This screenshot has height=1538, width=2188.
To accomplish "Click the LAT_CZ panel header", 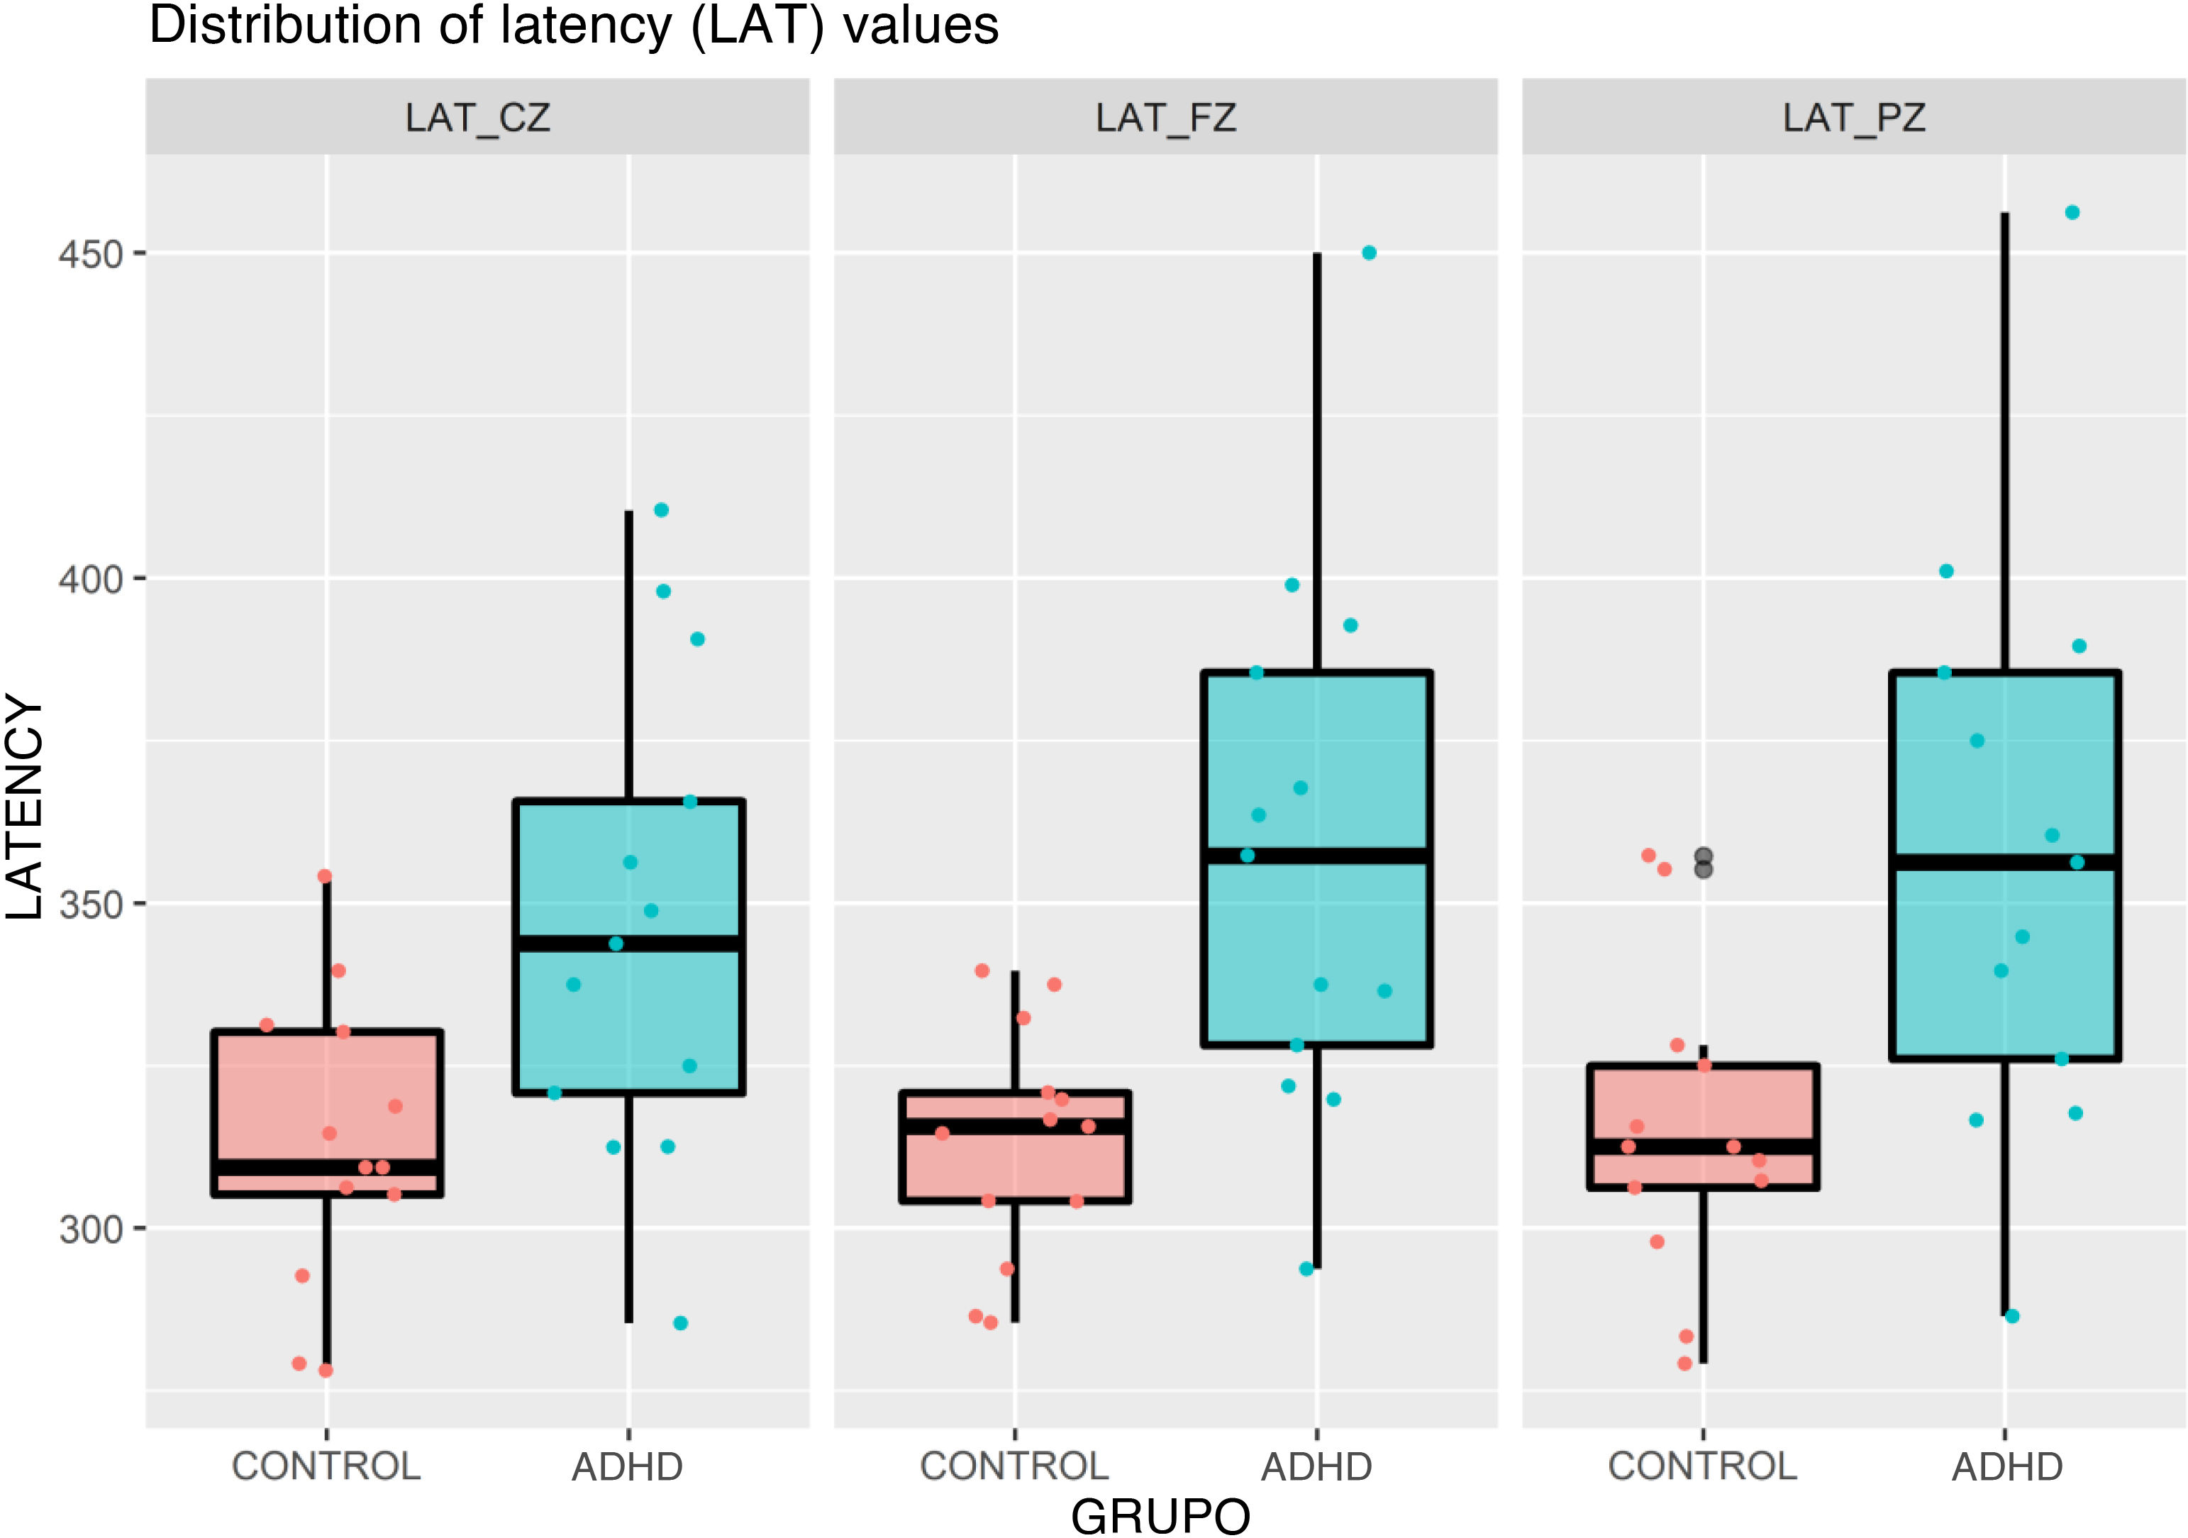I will (477, 117).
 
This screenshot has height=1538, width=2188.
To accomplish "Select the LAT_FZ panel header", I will (1165, 117).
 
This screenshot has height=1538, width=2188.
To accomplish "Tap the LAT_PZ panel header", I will (1853, 117).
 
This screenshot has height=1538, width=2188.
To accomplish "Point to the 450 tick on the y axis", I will (91, 255).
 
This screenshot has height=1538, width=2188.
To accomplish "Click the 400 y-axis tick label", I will (91, 580).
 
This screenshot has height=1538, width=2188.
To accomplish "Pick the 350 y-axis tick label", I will (91, 904).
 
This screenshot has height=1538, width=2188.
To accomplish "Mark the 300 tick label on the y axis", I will (91, 1229).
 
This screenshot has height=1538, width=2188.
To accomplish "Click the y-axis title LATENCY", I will (25, 808).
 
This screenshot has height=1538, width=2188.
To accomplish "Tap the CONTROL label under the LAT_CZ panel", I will (326, 1466).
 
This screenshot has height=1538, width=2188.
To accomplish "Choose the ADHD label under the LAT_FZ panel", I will (1316, 1466).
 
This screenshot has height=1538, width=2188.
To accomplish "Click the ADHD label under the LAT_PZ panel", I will (2006, 1466).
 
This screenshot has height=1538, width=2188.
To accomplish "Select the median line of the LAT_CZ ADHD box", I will (629, 944).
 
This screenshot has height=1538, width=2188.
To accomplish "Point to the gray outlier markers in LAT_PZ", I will (1703, 863).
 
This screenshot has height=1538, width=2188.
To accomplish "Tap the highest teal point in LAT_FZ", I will (1368, 253).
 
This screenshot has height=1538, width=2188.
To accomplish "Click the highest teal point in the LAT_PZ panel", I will (2072, 213).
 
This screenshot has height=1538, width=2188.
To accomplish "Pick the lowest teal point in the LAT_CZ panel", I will (680, 1322).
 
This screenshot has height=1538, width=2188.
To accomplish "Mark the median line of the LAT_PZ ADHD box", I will (2005, 863).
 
